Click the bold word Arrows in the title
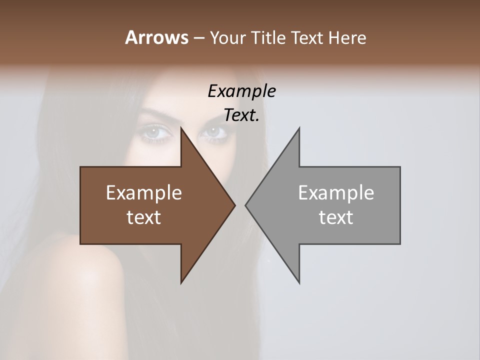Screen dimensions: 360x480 click(x=156, y=37)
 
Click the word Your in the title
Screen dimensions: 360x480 click(x=226, y=37)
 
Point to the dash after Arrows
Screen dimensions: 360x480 click(x=198, y=38)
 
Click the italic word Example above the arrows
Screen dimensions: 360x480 click(x=241, y=91)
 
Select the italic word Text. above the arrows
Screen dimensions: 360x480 click(x=241, y=115)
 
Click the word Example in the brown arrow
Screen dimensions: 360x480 click(x=144, y=192)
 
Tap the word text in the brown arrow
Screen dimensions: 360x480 click(x=144, y=217)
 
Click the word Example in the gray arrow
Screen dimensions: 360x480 click(x=336, y=192)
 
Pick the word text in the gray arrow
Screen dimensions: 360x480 click(x=336, y=217)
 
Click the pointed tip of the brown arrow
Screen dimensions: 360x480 click(x=234, y=205)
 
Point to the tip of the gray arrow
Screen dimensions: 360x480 click(x=246, y=205)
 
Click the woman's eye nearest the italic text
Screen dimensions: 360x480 click(x=214, y=132)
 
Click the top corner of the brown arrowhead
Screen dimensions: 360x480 click(x=181, y=128)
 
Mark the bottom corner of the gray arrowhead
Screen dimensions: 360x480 click(x=299, y=283)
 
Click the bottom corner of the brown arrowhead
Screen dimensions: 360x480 click(x=181, y=283)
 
